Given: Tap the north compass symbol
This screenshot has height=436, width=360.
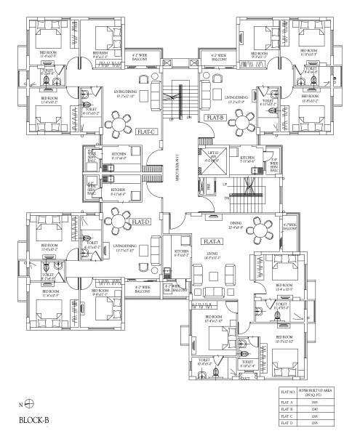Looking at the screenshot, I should tap(28, 403).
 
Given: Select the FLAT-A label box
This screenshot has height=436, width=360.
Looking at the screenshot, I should tap(212, 241).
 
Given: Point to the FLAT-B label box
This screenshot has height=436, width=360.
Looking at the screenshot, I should tap(214, 117).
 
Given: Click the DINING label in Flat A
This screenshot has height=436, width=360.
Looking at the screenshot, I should tap(235, 223).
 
